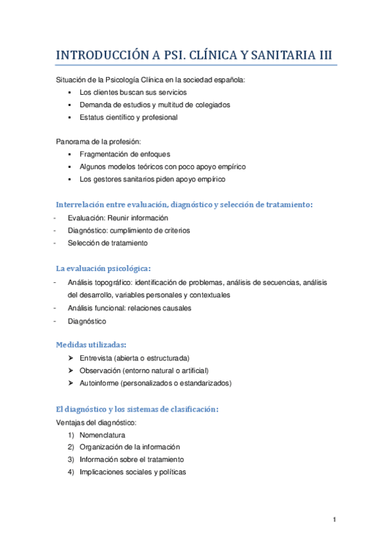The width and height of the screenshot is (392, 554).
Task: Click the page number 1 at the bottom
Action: point(334,520)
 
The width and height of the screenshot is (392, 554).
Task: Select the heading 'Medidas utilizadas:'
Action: point(92,344)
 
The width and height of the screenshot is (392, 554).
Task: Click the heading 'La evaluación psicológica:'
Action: point(103,268)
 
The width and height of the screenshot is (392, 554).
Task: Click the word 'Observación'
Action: point(99,370)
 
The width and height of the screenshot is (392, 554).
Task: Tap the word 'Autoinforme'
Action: point(99,383)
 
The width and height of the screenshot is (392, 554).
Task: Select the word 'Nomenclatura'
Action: point(102,434)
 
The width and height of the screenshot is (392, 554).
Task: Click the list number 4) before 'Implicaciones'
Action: point(70,472)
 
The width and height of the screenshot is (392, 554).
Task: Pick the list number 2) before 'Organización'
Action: point(70,447)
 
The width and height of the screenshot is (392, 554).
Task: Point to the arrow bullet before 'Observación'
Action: point(70,370)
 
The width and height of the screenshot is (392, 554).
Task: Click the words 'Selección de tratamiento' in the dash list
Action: point(107,243)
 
